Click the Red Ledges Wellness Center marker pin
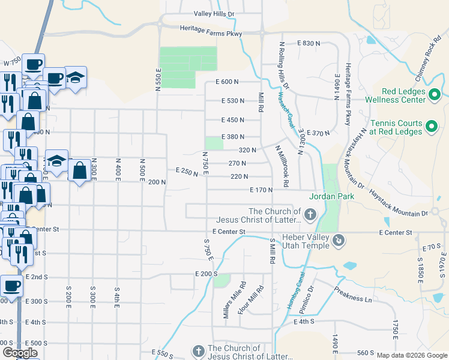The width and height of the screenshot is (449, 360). click(435, 95)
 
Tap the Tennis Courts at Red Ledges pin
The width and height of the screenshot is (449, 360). click(430, 127)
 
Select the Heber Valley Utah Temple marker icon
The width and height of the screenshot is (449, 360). click(339, 241)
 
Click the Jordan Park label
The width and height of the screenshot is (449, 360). click(332, 196)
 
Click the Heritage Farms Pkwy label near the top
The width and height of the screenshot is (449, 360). click(211, 32)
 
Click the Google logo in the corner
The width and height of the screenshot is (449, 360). click(20, 353)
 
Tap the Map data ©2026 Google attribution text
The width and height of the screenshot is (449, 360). click(411, 355)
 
